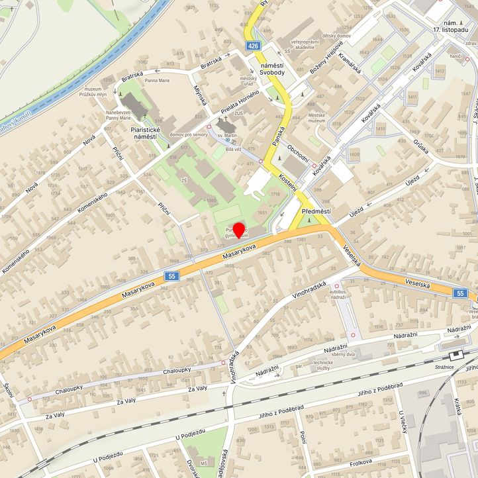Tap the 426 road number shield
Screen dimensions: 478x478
click(254, 46)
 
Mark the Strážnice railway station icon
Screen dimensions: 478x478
click(455, 355)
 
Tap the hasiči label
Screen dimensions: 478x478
click(455, 57)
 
